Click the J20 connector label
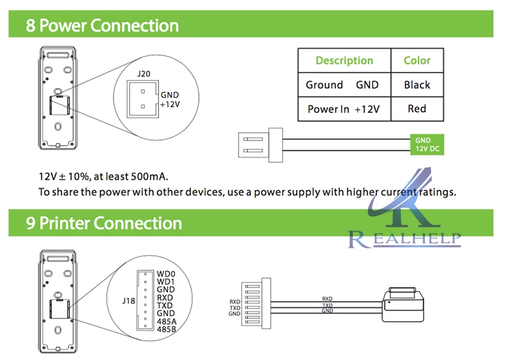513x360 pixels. [x=144, y=74]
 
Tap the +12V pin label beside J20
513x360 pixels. [x=170, y=105]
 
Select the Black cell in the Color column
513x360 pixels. [x=417, y=85]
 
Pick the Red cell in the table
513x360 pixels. [x=417, y=108]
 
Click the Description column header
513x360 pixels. [x=344, y=60]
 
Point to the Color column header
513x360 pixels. [x=417, y=60]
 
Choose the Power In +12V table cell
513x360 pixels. [x=344, y=109]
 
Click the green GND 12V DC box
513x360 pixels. [x=427, y=144]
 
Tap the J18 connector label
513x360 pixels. [x=129, y=301]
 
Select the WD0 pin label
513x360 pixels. [x=166, y=274]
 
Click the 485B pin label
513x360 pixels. [x=166, y=329]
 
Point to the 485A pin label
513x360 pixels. [x=166, y=321]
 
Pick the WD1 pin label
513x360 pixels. [x=165, y=282]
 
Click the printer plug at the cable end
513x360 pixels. [x=403, y=304]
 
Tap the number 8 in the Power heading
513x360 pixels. [x=30, y=26]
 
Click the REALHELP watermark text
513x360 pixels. [x=405, y=239]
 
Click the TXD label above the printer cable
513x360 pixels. [x=327, y=305]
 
